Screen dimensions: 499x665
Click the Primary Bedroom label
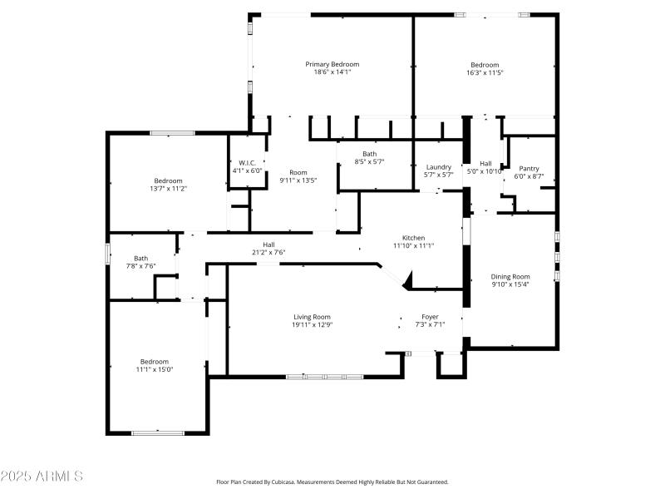[x=332, y=64]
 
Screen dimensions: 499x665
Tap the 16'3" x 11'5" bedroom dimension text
[x=485, y=73]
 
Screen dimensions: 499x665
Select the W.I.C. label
[x=247, y=163]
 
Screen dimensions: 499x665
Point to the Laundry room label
[x=438, y=166]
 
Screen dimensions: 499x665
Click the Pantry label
[x=529, y=168]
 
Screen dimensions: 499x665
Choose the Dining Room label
[x=510, y=277]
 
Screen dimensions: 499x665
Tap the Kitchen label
[x=413, y=237]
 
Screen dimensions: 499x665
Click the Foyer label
[x=430, y=317]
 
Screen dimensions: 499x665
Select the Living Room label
[x=312, y=317]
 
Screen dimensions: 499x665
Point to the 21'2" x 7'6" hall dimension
[x=268, y=253]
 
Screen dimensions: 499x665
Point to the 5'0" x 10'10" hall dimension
[x=485, y=171]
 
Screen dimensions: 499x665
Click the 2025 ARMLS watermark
[x=42, y=477]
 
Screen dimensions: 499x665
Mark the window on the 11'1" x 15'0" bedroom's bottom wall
[x=158, y=432]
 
